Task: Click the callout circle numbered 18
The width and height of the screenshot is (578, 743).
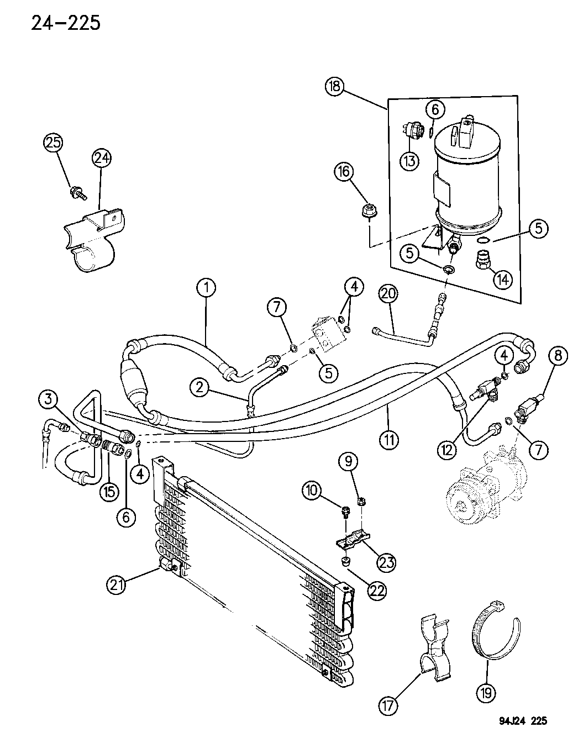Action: point(335,87)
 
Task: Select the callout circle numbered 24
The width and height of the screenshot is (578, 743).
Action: point(101,159)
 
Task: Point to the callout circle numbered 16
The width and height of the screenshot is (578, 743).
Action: point(343,173)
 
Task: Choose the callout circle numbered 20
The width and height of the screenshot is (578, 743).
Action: point(389,295)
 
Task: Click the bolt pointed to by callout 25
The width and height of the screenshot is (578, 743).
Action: point(77,193)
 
